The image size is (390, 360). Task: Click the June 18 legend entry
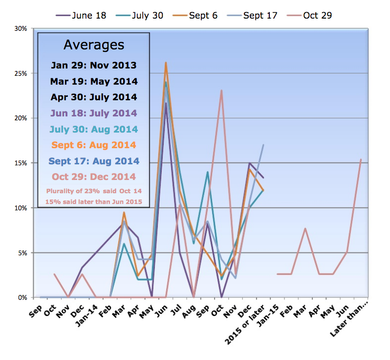pos(83,15)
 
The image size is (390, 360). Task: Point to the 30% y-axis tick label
pos(20,28)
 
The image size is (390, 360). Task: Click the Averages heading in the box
pos(94,45)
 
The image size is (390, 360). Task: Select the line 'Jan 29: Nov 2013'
pos(94,65)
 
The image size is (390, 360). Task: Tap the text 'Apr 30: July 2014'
pos(94,97)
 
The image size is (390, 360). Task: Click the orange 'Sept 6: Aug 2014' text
pos(94,145)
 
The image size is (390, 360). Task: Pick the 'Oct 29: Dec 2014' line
pos(94,177)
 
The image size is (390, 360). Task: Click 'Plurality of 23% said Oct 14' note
pos(94,191)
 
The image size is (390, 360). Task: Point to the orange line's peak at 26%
pos(166,63)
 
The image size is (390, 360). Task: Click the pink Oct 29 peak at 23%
pos(222,90)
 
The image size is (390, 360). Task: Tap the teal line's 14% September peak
pos(208,172)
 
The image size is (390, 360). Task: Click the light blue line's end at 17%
pos(263,145)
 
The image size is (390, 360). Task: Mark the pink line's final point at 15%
pos(361,159)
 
